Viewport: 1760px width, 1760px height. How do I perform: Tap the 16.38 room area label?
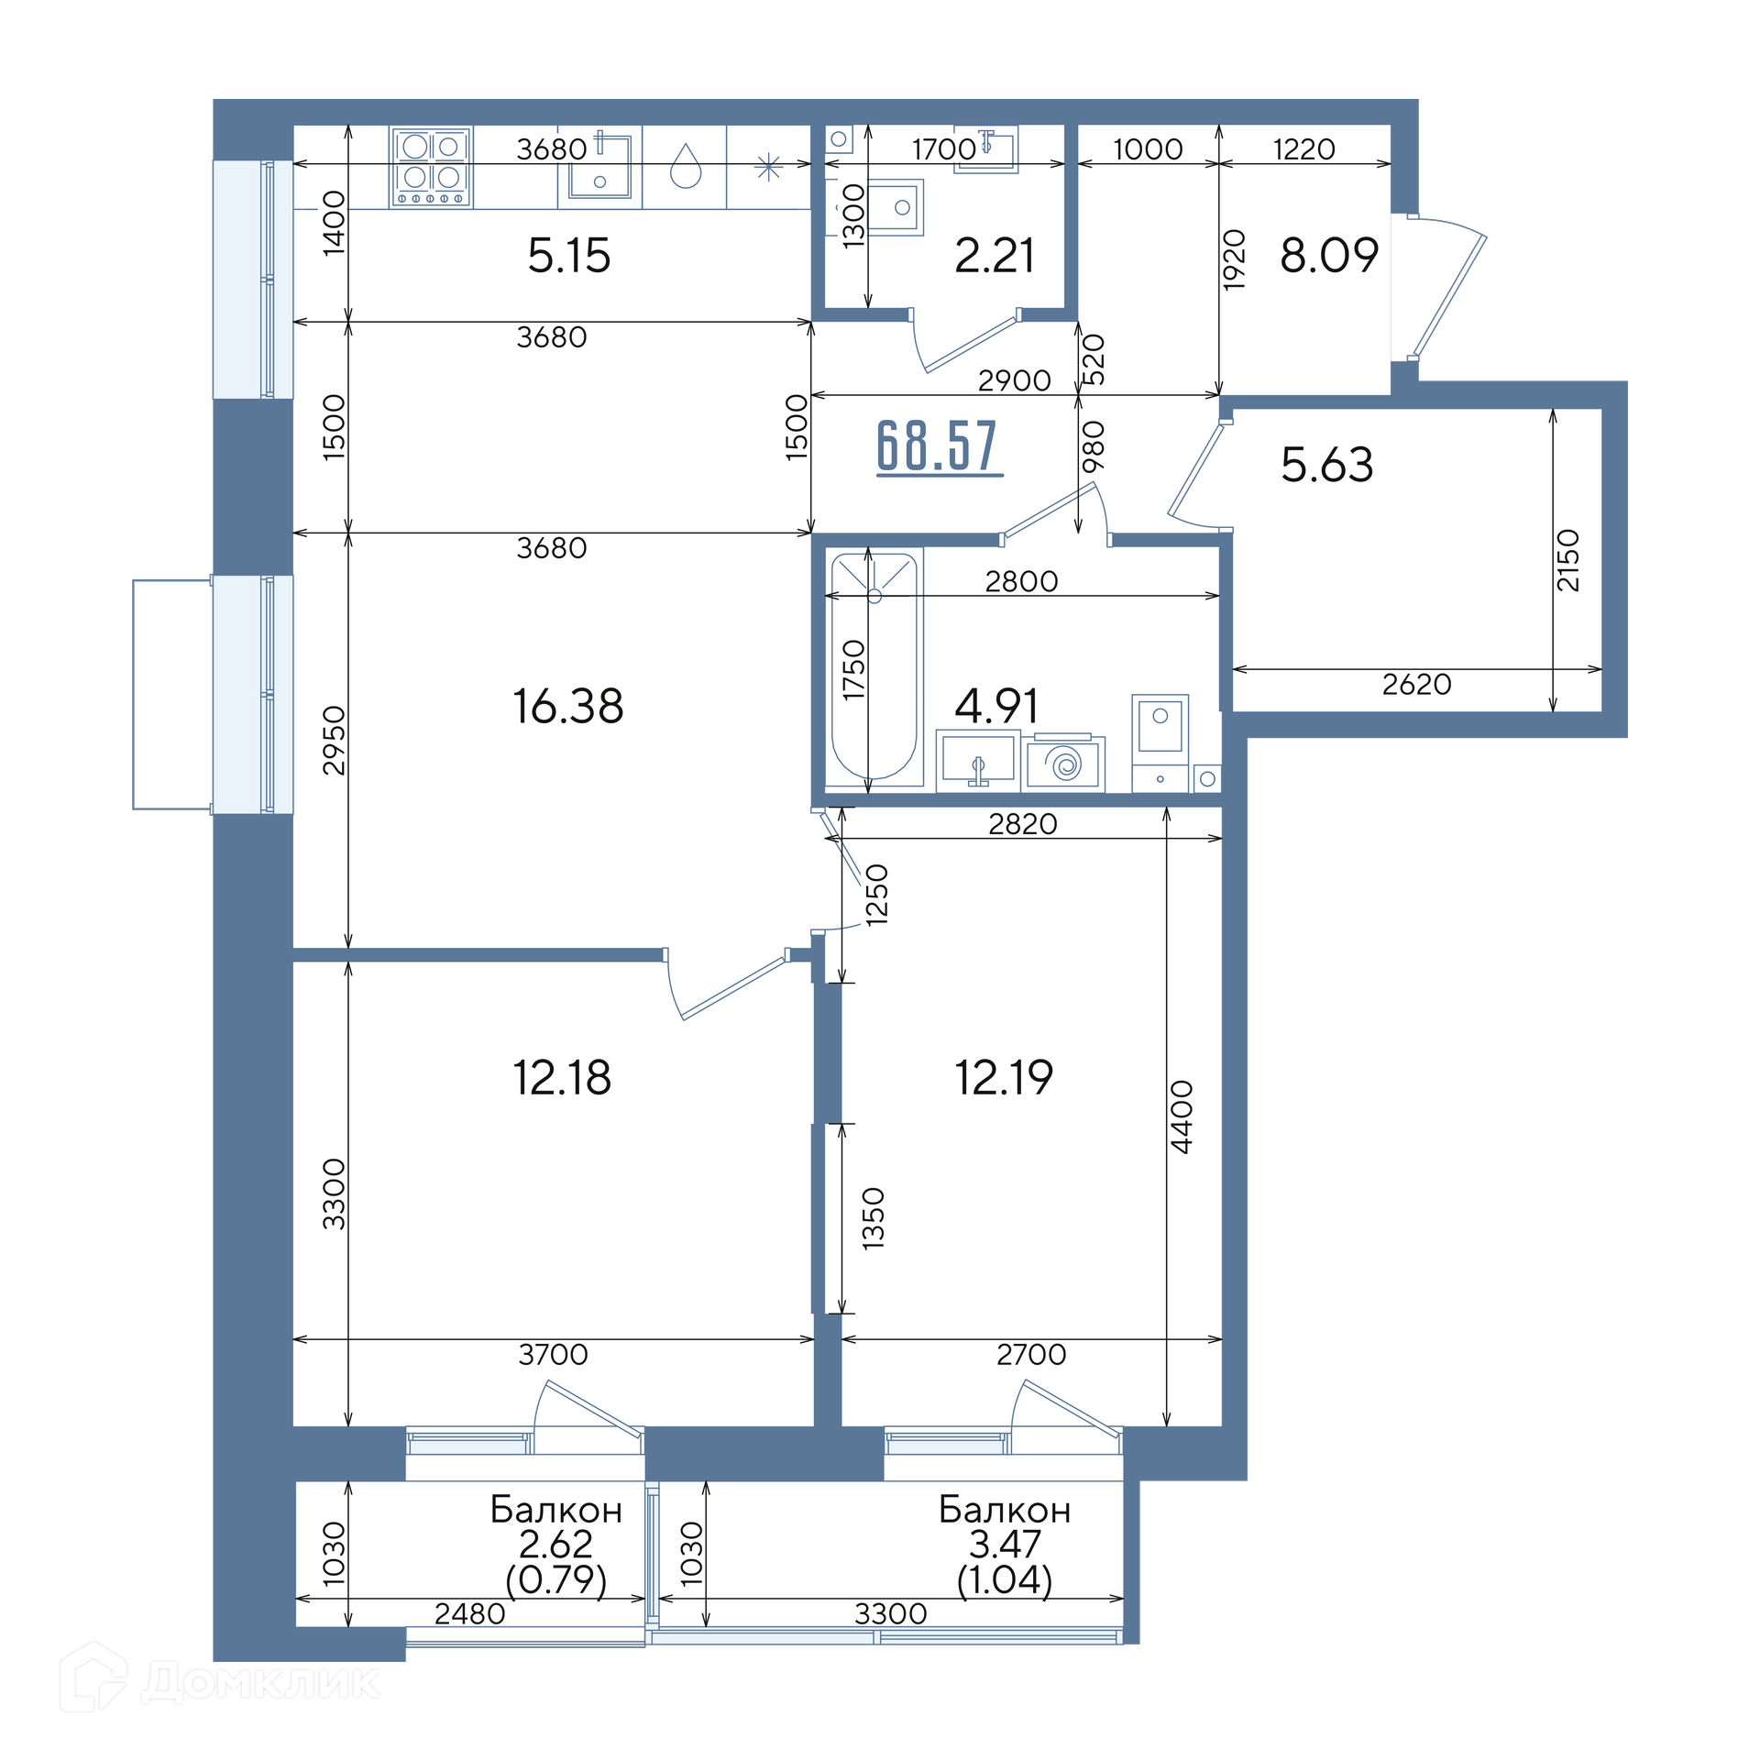pos(568,707)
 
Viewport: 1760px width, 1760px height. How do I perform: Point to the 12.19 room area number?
pos(1004,1077)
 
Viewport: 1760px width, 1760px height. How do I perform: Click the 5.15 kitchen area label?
pos(568,256)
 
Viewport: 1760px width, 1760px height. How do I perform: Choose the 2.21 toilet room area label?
pos(995,256)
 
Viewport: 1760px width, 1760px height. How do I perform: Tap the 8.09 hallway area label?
pos(1329,255)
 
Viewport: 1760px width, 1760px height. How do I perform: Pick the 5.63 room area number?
pos(1327,465)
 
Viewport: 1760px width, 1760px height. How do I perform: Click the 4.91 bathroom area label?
pos(997,706)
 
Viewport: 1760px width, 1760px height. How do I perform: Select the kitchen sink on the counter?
pos(599,166)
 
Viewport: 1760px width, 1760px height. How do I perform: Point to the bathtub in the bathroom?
pos(874,666)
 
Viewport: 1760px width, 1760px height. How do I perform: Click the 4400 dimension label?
pos(1182,1116)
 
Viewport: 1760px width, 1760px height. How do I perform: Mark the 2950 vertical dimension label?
pos(335,740)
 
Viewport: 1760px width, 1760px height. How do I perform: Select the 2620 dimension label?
pos(1417,684)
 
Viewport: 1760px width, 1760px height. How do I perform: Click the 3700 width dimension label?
pos(553,1354)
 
